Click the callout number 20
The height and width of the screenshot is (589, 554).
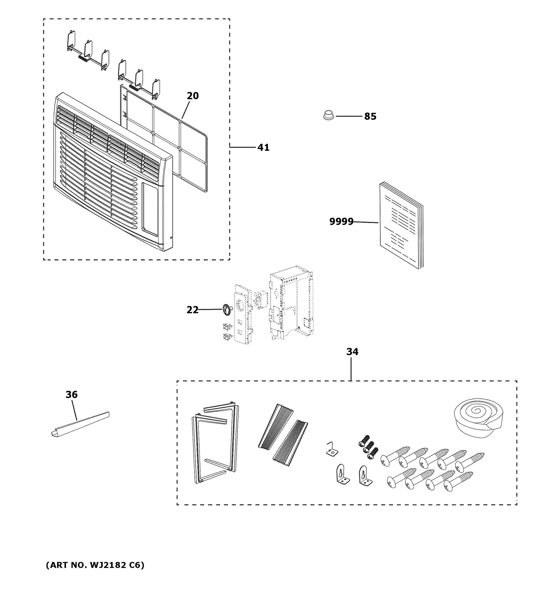[193, 96]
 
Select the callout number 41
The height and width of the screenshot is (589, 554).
[263, 147]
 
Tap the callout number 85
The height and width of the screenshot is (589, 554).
[370, 117]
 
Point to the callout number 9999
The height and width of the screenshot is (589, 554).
[341, 222]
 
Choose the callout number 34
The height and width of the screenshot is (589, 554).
[352, 352]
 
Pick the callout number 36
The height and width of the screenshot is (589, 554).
[71, 395]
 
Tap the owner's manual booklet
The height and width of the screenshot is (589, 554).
[401, 225]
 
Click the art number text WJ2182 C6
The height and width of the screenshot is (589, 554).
[95, 565]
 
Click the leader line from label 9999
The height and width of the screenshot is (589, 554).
[366, 222]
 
